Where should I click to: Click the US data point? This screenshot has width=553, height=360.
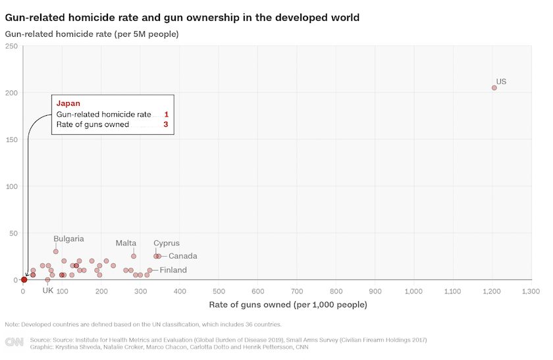tap(494, 88)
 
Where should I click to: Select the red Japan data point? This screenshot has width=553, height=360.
tap(24, 280)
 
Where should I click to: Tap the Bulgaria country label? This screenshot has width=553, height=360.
tap(68, 239)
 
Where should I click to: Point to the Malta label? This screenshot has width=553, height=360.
tap(126, 243)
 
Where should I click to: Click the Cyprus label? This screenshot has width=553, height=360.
tap(167, 243)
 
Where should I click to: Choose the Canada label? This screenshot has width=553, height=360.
tap(182, 256)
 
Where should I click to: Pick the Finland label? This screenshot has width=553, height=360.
tap(173, 270)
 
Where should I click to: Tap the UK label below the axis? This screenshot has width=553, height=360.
tap(47, 290)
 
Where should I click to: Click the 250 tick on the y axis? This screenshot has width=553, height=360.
tap(11, 46)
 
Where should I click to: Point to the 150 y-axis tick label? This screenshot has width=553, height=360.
tap(11, 140)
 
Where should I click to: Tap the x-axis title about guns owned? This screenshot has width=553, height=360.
tap(288, 305)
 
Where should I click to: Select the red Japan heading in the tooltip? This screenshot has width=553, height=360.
tap(68, 103)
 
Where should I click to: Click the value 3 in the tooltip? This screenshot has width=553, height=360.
tap(167, 124)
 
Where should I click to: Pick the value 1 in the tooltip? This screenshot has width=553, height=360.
tap(167, 115)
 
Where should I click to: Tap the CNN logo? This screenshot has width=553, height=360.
tap(14, 342)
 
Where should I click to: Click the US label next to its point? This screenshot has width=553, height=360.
tap(501, 82)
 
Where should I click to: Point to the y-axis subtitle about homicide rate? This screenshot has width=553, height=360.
tap(92, 34)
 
